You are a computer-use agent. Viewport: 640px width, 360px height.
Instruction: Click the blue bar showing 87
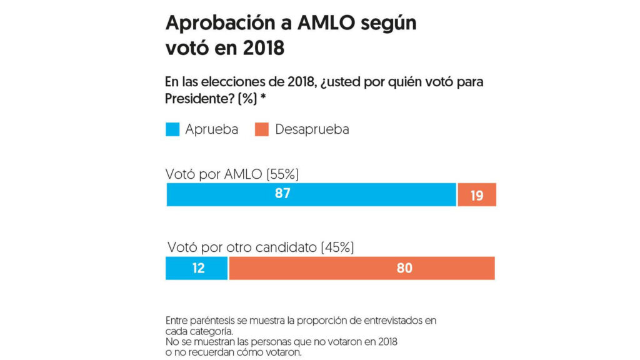click(311, 194)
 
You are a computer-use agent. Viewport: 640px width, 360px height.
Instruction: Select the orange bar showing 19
click(477, 195)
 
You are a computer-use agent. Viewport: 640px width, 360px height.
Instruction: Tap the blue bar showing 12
click(196, 268)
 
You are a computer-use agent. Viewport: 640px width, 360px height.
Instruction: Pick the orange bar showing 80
click(362, 268)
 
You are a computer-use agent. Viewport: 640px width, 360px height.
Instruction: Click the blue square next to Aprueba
click(172, 129)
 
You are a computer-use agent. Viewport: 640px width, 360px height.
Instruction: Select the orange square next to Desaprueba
click(262, 129)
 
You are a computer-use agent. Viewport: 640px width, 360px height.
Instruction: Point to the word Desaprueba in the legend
click(312, 129)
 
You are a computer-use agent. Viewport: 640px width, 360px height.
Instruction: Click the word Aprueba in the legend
click(211, 129)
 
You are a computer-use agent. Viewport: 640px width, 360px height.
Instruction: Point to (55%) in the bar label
click(289, 174)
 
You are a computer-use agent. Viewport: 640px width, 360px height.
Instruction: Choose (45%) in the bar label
click(337, 247)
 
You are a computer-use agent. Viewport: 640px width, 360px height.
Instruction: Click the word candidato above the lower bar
click(286, 247)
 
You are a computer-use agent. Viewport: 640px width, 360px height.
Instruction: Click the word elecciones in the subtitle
click(229, 82)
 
